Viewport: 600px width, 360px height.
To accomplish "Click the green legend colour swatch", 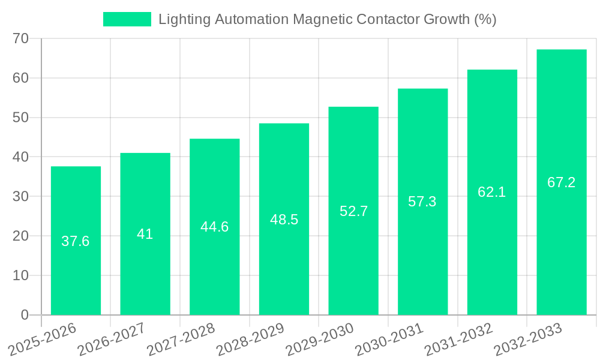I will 127,19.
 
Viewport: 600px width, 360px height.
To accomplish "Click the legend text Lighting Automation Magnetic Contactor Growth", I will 327,19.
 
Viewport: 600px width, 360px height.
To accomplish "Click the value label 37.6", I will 76,241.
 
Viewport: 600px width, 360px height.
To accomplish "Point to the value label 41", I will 145,234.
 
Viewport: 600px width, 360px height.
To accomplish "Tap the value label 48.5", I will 284,220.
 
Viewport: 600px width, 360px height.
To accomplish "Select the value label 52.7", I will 353,211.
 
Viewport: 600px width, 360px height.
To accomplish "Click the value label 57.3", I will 422,202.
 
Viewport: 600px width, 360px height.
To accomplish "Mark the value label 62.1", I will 492,192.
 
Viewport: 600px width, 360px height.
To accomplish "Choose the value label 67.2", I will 562,182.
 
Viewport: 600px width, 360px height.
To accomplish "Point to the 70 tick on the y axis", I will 20,38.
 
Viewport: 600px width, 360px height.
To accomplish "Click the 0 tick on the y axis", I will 25,315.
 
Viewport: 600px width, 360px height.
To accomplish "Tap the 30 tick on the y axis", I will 20,196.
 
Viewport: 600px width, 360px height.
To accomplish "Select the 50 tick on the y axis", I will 20,118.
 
